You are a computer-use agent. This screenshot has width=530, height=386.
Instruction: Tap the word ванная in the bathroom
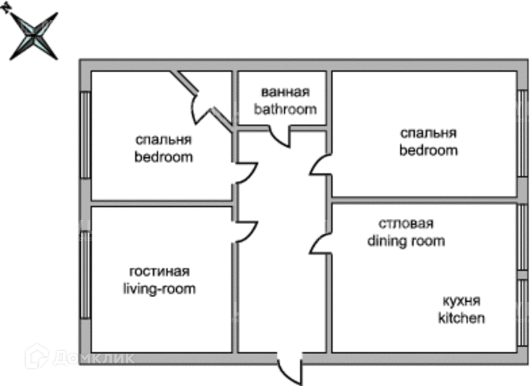(285, 92)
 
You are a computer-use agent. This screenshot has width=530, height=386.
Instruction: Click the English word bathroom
(285, 109)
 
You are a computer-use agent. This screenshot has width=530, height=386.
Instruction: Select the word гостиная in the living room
(159, 272)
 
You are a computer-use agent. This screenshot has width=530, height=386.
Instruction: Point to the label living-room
(159, 289)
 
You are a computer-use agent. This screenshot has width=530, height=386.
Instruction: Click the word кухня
(462, 300)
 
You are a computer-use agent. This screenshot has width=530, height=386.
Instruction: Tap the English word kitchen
(462, 318)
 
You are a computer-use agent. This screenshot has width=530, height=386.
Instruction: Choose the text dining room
(406, 241)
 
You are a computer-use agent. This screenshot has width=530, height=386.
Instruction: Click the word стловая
(406, 224)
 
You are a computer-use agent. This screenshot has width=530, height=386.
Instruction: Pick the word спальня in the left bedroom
(164, 140)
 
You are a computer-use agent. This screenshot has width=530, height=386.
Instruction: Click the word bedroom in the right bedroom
(429, 150)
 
